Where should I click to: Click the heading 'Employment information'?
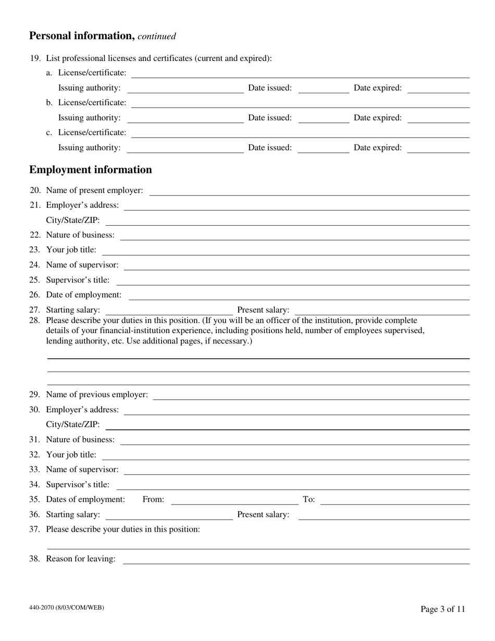point(91,170)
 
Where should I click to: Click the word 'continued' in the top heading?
point(157,36)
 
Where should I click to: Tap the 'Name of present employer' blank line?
point(309,191)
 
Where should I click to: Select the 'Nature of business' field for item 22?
point(294,236)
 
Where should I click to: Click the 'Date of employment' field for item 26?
point(299,295)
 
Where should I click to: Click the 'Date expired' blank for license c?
point(438,149)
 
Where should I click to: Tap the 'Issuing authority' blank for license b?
point(185,118)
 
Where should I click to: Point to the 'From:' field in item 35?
point(234,500)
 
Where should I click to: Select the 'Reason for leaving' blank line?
point(295,560)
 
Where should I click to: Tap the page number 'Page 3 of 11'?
point(443,609)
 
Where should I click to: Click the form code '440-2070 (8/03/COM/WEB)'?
point(67,607)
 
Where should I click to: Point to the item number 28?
point(34,320)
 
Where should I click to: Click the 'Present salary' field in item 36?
point(383,515)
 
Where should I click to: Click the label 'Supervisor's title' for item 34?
point(78,485)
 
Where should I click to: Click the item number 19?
point(34,58)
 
